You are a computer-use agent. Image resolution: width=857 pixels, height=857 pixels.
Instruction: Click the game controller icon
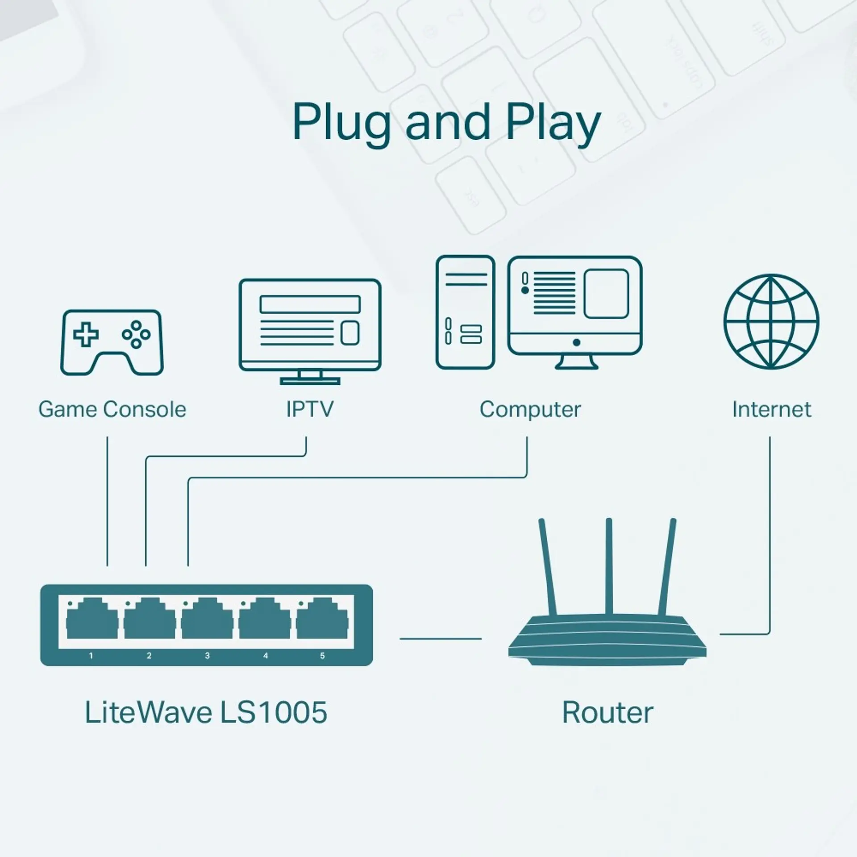coord(112,342)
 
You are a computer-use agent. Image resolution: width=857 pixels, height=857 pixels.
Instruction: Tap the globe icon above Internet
coord(771,321)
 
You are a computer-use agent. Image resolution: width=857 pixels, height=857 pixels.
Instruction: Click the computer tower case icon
coord(465,312)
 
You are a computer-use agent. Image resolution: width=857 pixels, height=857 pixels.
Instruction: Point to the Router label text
coord(607,713)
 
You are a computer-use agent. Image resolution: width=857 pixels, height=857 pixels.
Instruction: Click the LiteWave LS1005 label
coord(206,712)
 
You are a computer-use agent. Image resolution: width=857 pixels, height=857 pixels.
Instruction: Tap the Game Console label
coord(112,409)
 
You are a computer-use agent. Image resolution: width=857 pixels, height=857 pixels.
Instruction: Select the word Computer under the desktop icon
coord(530,409)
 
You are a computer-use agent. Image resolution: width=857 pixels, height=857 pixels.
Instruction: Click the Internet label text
coord(771,409)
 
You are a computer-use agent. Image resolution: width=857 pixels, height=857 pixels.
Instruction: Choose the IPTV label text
coord(309,409)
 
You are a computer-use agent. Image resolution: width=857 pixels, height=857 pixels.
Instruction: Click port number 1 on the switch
coord(91,656)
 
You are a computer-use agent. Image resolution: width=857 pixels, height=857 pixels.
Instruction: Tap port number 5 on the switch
coord(322,656)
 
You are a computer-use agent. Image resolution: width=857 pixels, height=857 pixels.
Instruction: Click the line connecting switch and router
coord(440,639)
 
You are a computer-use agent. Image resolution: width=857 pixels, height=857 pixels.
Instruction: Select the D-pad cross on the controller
coord(86,334)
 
